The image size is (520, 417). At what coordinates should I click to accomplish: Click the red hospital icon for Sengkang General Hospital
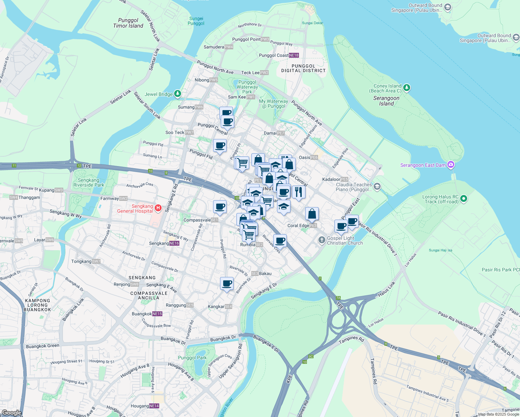(158, 208)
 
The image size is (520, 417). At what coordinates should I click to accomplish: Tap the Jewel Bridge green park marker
(178, 93)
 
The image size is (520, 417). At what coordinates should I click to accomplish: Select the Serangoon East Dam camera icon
(451, 165)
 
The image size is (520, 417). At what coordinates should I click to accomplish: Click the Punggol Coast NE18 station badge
(294, 55)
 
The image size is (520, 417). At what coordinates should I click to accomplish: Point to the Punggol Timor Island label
(128, 23)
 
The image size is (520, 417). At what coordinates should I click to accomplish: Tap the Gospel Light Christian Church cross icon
(322, 240)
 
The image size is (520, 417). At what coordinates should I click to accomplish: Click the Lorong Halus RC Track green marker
(464, 199)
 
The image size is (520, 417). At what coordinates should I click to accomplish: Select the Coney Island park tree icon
(407, 88)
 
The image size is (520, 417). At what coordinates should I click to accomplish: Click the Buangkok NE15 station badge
(157, 314)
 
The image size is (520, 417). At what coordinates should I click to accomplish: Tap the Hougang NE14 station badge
(154, 406)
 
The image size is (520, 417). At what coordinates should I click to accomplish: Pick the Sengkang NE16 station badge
(174, 243)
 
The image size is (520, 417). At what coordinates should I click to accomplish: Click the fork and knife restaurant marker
(299, 192)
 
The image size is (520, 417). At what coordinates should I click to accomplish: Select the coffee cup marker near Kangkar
(227, 284)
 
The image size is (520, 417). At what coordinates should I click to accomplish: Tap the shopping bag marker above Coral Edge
(312, 214)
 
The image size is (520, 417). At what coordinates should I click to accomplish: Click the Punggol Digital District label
(303, 68)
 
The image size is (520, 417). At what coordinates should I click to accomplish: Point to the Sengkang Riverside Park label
(89, 182)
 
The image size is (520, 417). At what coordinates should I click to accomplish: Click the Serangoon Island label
(386, 101)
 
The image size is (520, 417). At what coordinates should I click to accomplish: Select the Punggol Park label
(192, 358)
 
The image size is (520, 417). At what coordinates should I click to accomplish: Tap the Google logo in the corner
(11, 412)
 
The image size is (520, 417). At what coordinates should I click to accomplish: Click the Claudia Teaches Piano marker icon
(377, 187)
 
